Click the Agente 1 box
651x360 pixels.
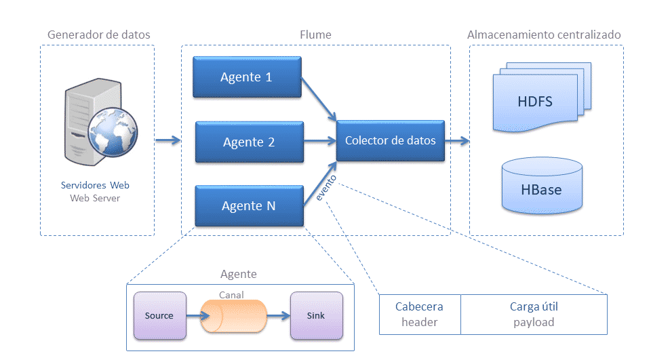[x=247, y=77]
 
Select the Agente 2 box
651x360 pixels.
[x=250, y=142]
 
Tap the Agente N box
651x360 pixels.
[x=250, y=206]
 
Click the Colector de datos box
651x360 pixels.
[x=391, y=141]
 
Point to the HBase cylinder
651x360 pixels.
[x=542, y=185]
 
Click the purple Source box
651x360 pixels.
[x=160, y=315]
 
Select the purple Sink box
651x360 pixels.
[x=317, y=315]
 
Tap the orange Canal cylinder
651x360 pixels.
[x=233, y=317]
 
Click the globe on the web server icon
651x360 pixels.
[x=113, y=132]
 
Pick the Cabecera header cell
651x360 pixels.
[x=420, y=315]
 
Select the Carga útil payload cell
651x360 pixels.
[x=534, y=315]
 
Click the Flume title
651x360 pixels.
[x=315, y=35]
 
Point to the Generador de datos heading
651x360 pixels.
[x=99, y=35]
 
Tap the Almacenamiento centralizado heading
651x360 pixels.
[x=544, y=35]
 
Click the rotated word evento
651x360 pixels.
[x=326, y=188]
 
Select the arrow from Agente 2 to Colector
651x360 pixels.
[x=319, y=141]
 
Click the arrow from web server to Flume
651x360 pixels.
[x=168, y=140]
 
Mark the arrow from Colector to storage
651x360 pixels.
[x=457, y=141]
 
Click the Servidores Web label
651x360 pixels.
[x=95, y=185]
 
